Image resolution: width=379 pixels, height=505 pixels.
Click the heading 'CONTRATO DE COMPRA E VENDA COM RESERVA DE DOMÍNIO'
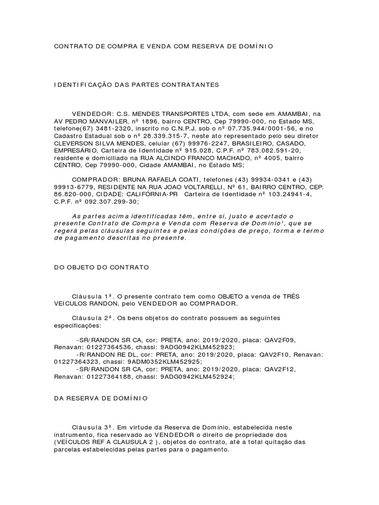(x=163, y=46)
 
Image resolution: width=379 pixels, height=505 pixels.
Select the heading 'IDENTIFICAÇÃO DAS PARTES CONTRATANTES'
(x=129, y=85)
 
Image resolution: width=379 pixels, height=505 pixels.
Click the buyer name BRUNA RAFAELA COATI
(x=156, y=180)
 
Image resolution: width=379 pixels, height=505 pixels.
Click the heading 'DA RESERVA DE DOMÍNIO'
(x=100, y=397)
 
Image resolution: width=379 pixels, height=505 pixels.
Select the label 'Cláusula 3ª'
(x=94, y=426)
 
